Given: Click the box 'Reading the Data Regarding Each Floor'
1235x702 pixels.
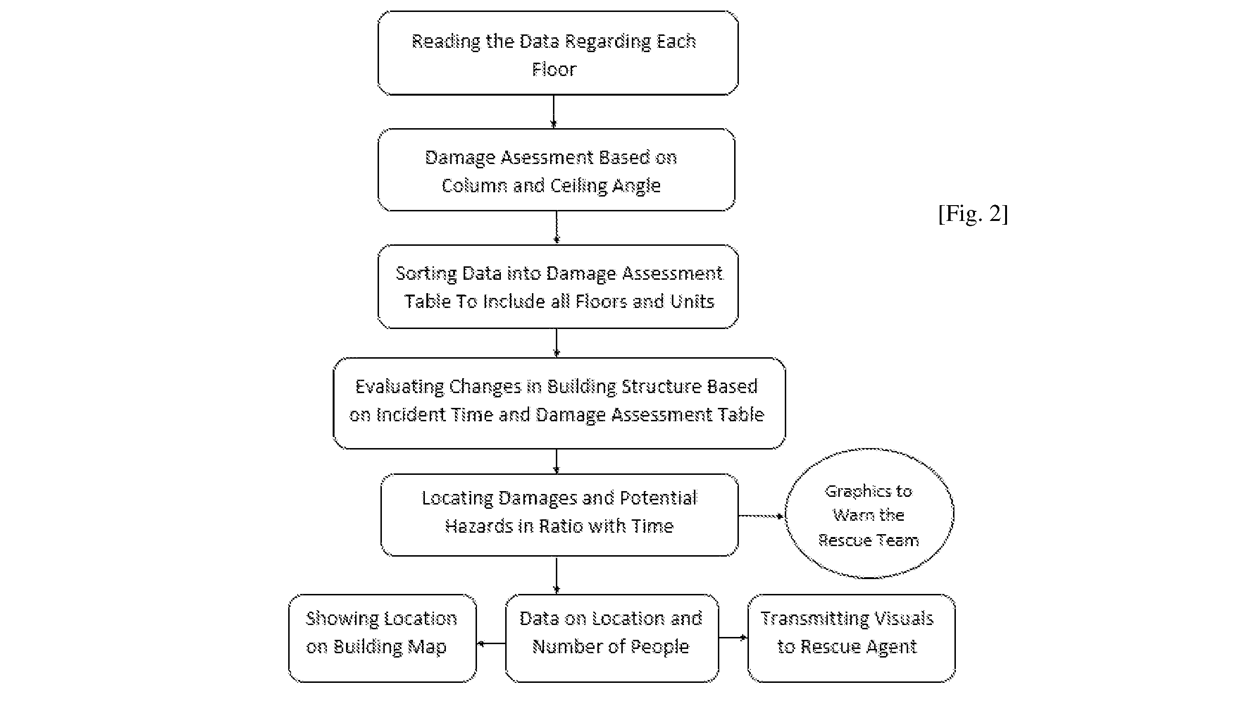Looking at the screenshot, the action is click(558, 53).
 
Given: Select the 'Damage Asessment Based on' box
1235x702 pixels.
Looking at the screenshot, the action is click(556, 170).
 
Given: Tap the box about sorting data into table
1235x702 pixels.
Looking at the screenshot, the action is click(558, 287).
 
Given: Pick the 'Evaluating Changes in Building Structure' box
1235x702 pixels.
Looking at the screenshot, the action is click(560, 404).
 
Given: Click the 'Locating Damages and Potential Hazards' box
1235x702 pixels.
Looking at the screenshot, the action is click(560, 515).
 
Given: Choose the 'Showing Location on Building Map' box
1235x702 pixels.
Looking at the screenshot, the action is click(383, 638).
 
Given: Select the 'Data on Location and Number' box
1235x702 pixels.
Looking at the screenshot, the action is click(612, 638).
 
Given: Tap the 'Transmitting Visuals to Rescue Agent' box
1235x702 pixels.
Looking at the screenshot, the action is click(851, 638).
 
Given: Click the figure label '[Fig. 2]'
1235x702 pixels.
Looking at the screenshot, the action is click(973, 213).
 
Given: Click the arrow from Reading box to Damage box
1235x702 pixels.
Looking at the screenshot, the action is click(553, 112).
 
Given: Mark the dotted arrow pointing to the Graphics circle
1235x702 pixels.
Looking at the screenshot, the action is click(762, 516).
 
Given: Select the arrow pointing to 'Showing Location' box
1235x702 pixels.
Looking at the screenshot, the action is click(491, 643).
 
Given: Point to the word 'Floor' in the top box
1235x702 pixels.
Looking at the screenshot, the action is click(554, 69).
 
